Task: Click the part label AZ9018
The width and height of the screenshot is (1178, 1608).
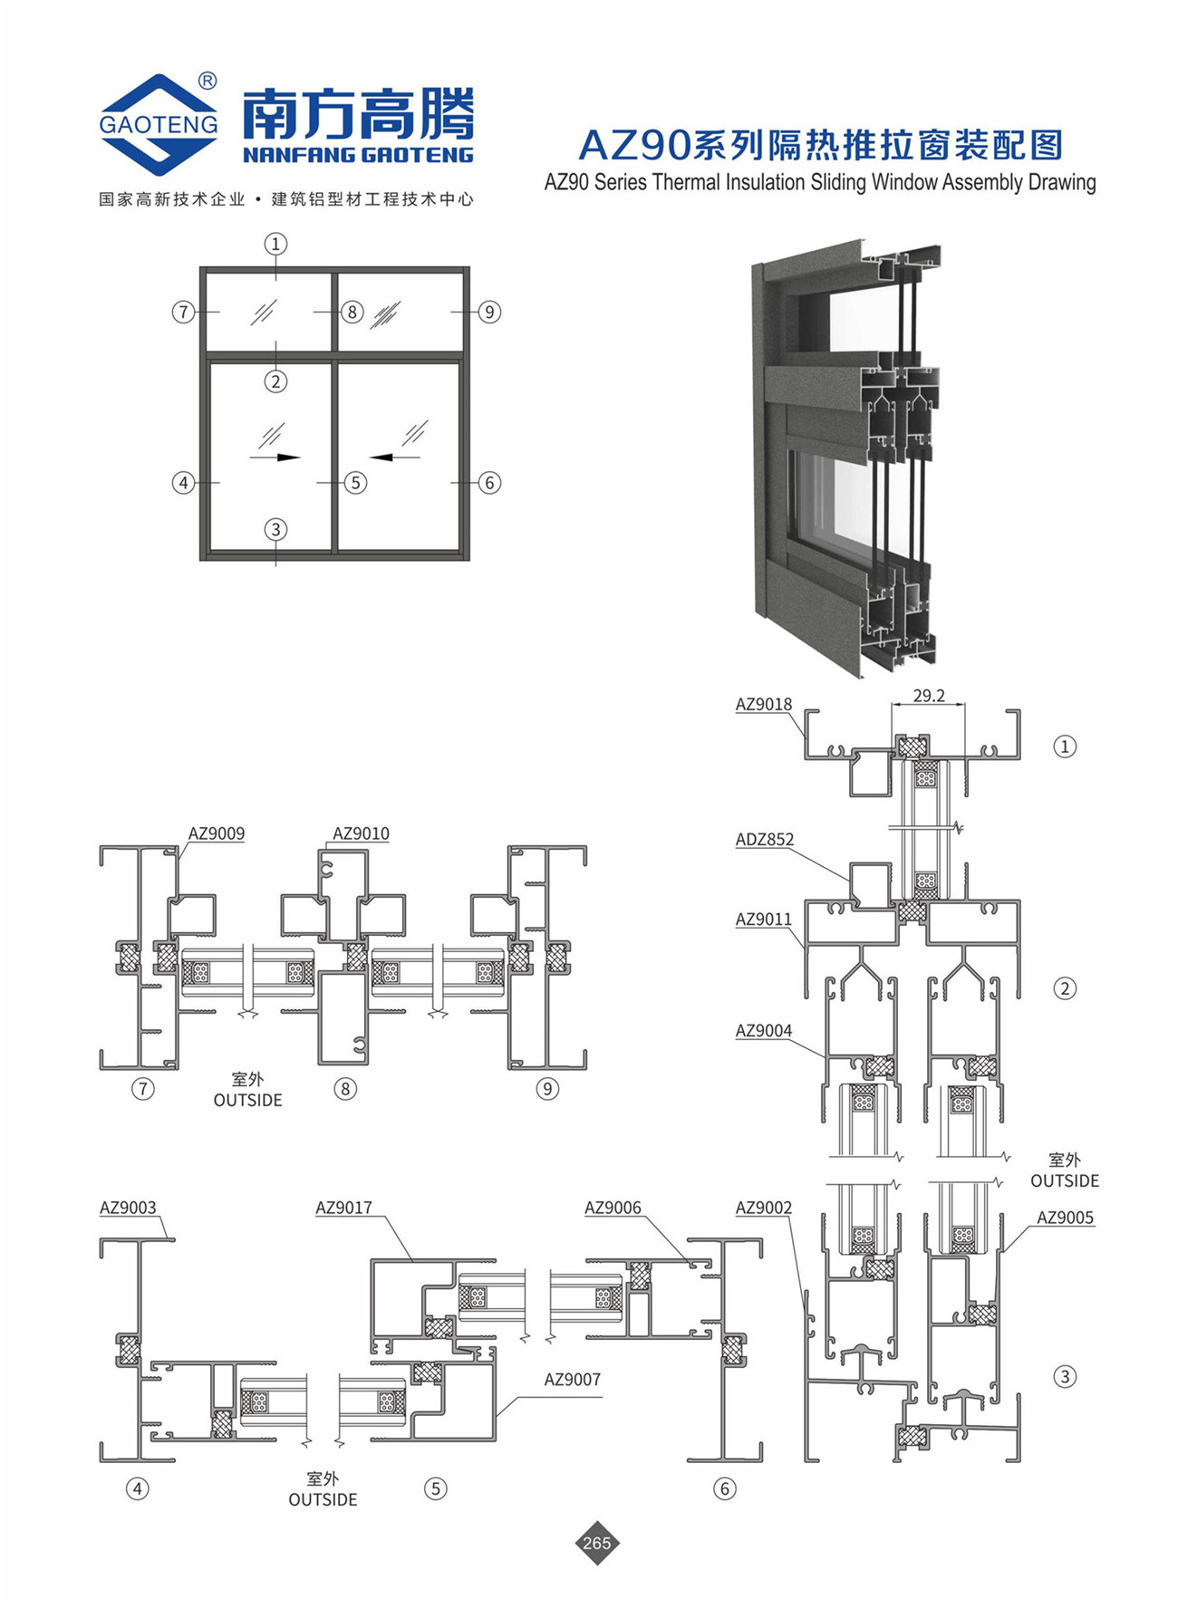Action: (763, 704)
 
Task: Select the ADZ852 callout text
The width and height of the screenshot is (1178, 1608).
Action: (764, 839)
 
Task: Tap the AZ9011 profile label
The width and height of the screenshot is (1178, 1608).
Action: (763, 919)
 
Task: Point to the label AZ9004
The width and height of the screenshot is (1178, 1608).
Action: (763, 1030)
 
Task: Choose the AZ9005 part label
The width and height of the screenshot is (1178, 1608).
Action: (1065, 1218)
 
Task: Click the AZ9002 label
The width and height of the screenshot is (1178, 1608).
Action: (763, 1208)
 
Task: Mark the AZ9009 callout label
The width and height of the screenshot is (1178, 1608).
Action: (216, 833)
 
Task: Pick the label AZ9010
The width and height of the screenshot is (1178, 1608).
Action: (361, 833)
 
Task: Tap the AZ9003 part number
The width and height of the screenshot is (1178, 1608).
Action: (128, 1208)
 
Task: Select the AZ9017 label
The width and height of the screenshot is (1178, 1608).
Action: (343, 1208)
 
